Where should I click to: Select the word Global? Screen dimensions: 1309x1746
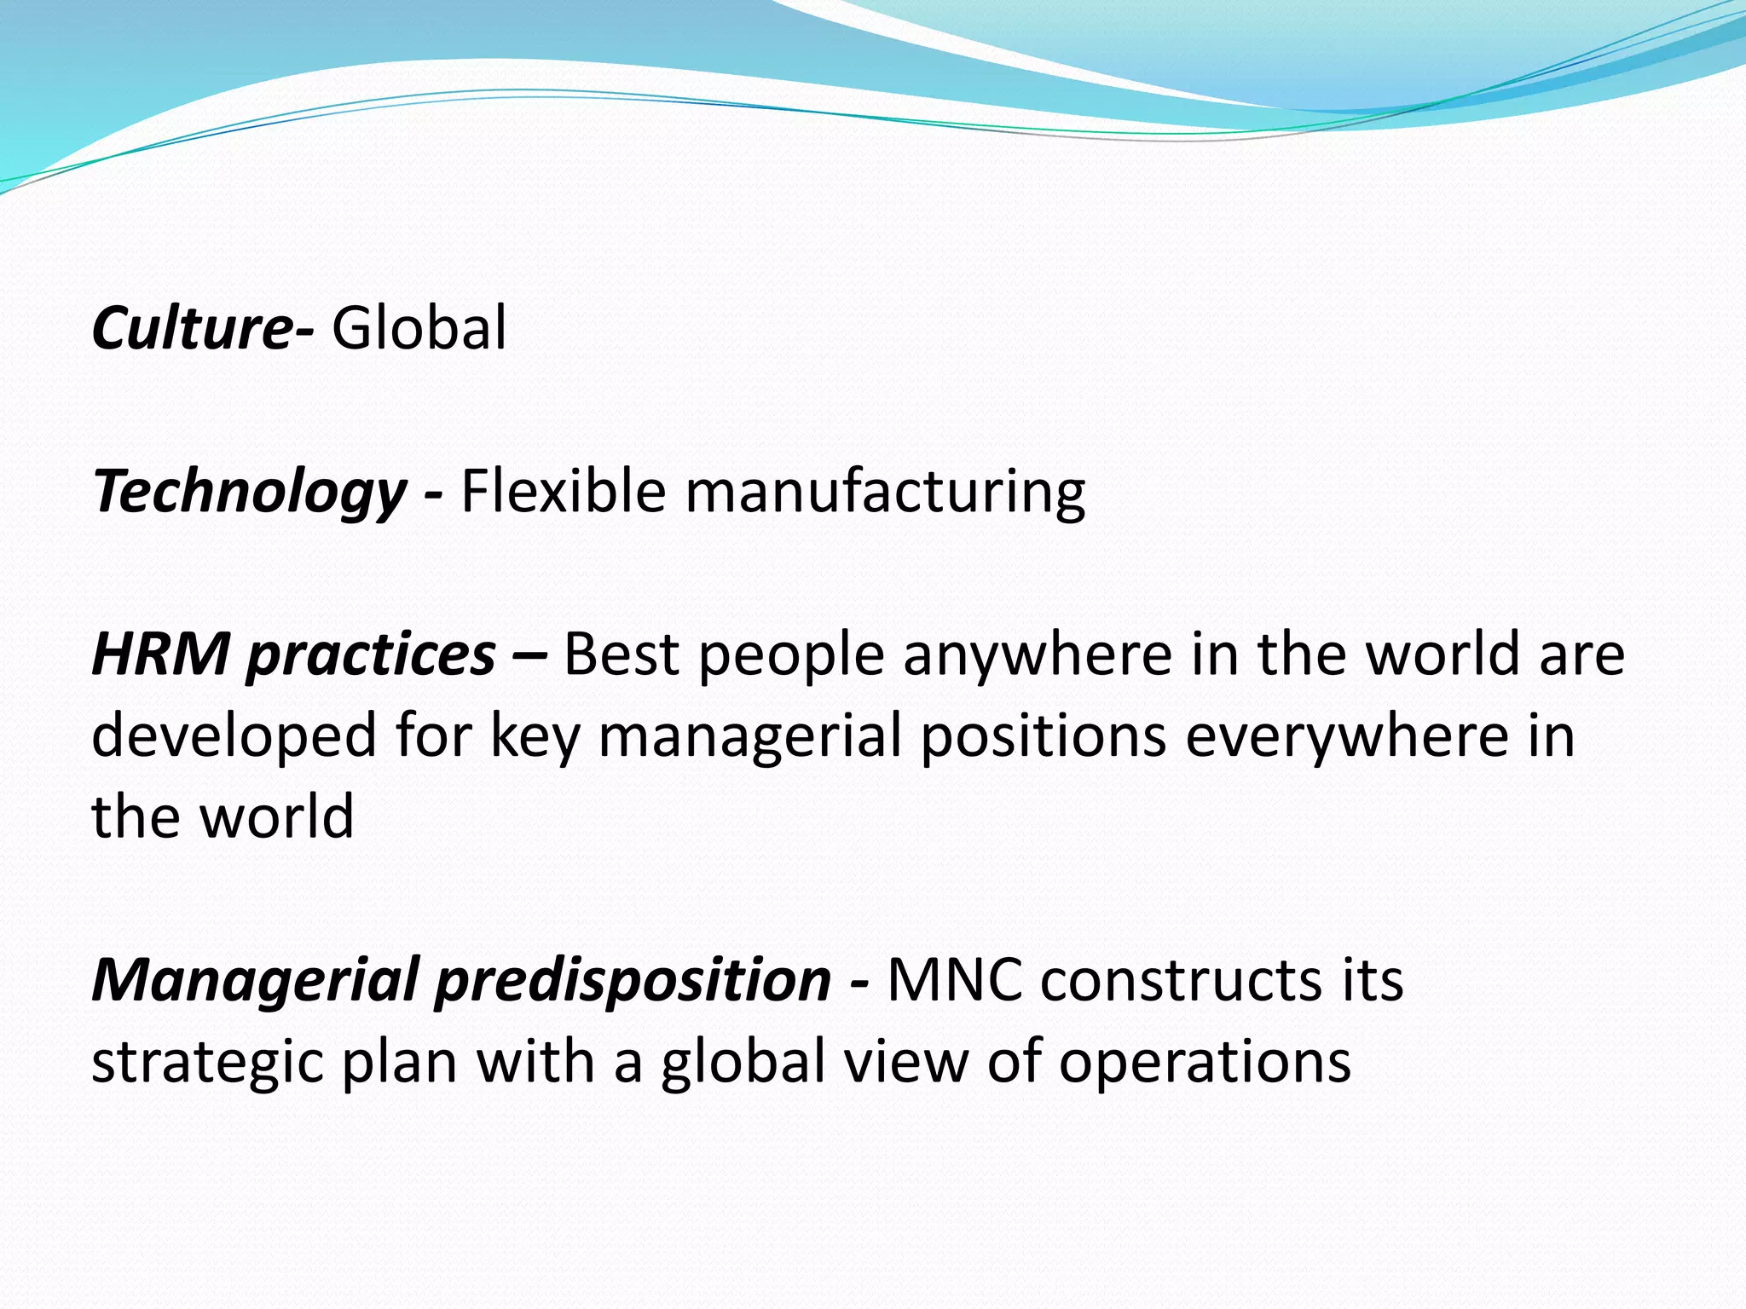click(419, 328)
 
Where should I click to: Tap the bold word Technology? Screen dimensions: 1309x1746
click(249, 493)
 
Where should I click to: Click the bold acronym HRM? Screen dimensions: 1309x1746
click(160, 654)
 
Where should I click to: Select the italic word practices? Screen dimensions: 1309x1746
click(371, 656)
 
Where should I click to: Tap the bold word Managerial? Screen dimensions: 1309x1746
click(256, 980)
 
